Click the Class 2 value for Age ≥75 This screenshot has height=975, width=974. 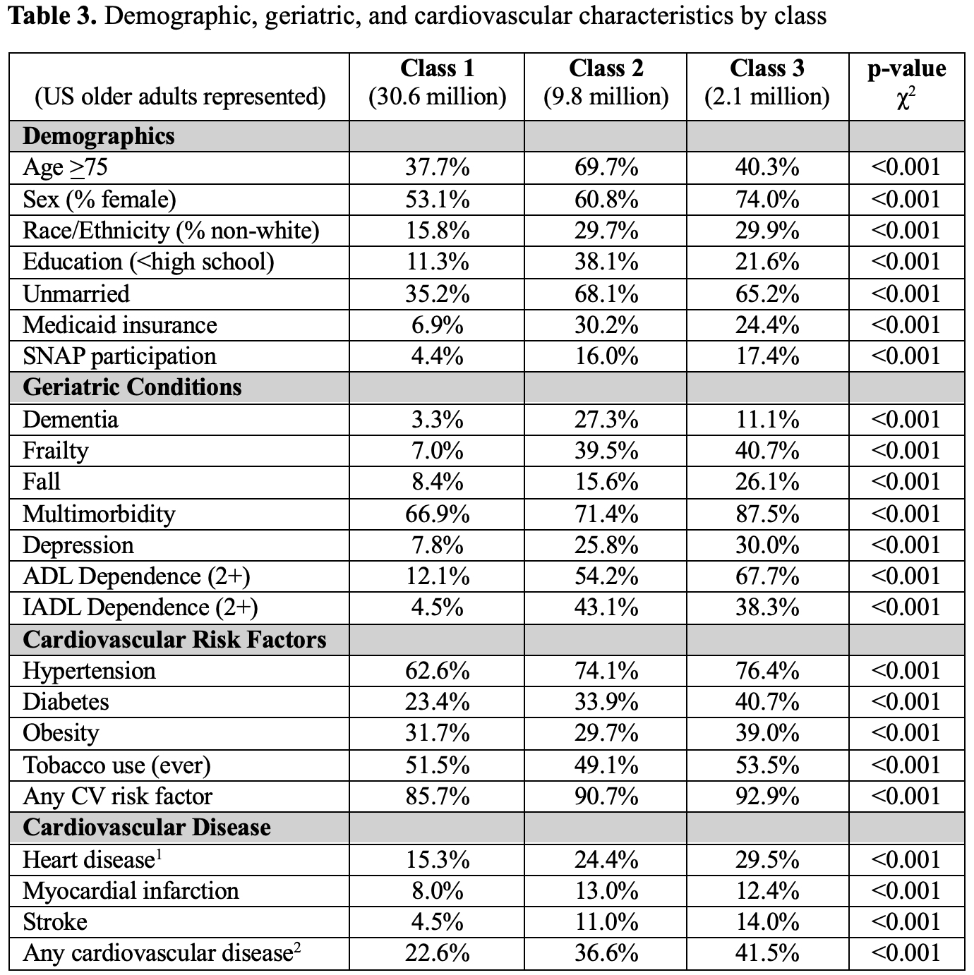pos(606,168)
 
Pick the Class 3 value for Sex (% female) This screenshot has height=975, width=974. pos(766,200)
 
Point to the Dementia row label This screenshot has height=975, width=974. pos(71,420)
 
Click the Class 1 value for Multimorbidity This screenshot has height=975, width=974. pos(437,514)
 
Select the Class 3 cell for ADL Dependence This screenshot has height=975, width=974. pos(766,577)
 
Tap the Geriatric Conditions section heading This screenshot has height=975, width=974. pos(132,387)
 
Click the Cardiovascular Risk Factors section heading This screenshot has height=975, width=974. pos(174,640)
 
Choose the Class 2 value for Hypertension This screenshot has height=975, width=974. pos(606,671)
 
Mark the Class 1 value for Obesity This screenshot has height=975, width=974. pos(437,734)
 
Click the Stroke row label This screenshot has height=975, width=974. pos(55,923)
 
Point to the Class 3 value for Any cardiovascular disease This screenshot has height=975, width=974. pos(766,954)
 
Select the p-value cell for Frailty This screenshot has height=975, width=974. pos(906,452)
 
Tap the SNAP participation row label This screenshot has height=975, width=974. pos(119,357)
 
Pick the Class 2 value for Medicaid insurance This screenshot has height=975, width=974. pos(606,326)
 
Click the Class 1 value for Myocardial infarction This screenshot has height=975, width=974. pos(437,891)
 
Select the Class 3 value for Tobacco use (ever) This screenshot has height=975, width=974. pos(766,765)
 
